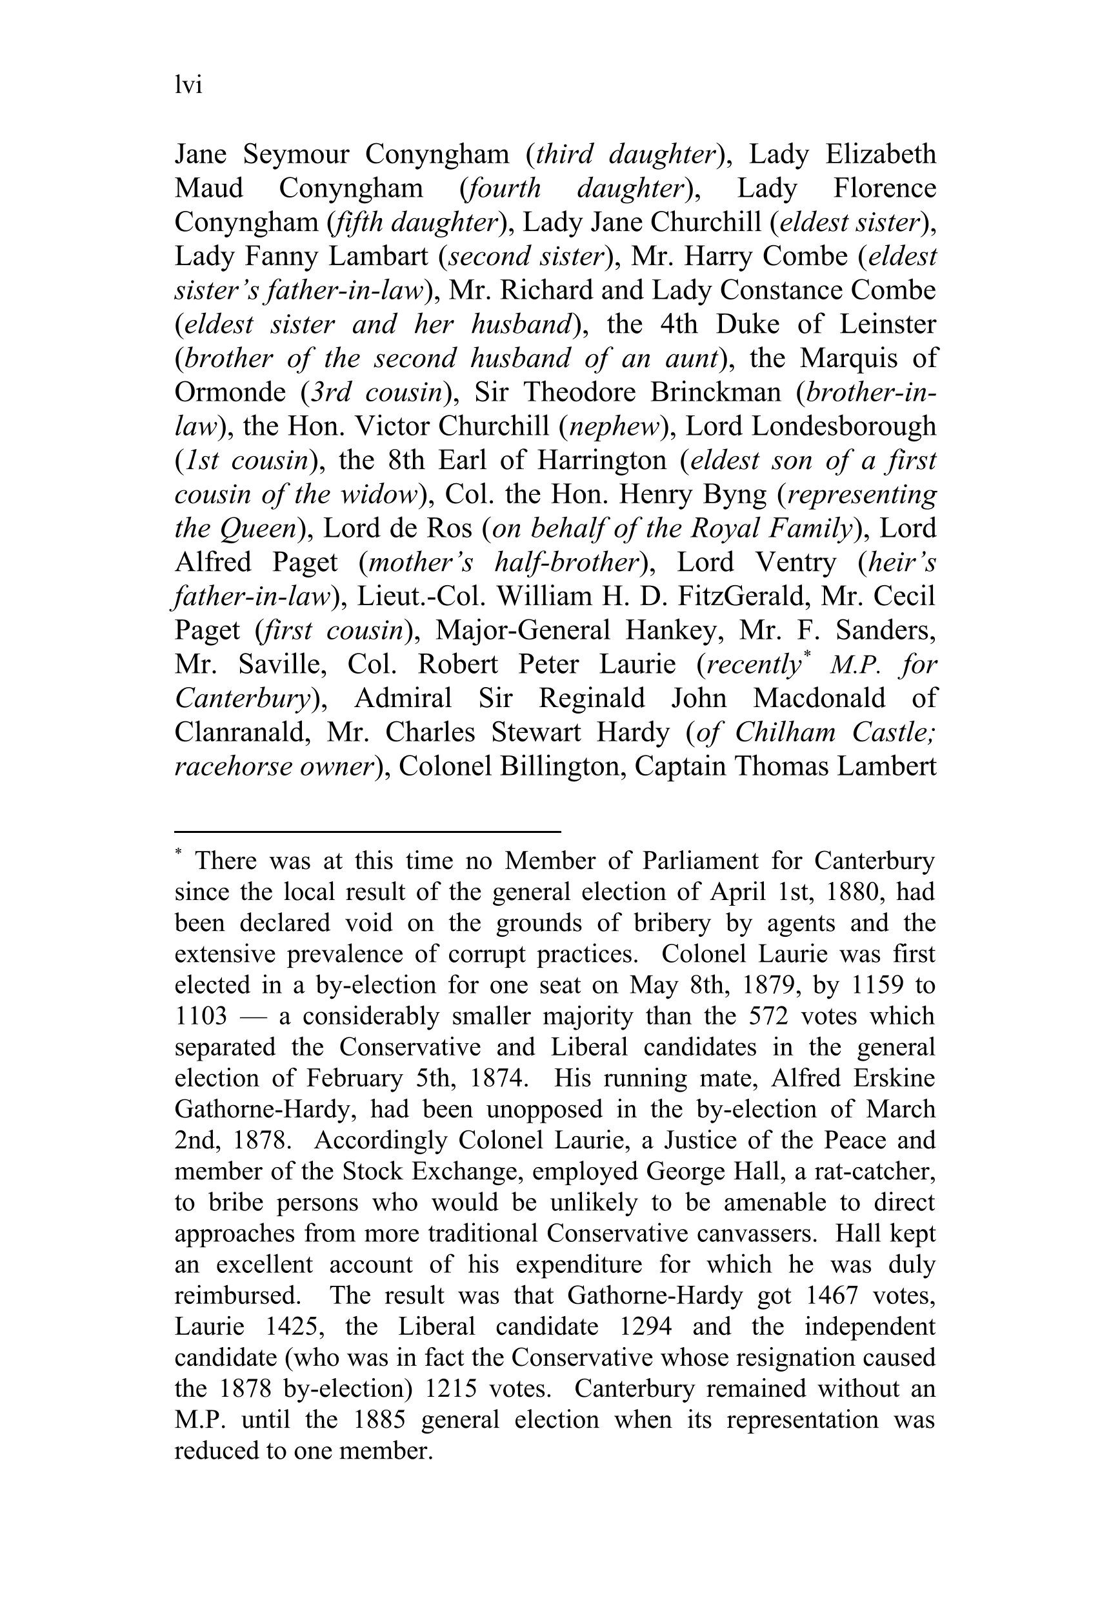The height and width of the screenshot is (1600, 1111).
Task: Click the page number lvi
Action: [188, 86]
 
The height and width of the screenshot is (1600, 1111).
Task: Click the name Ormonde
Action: [230, 392]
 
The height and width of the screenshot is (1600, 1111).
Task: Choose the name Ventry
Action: [791, 563]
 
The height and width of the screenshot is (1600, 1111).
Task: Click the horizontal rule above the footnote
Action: [367, 831]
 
